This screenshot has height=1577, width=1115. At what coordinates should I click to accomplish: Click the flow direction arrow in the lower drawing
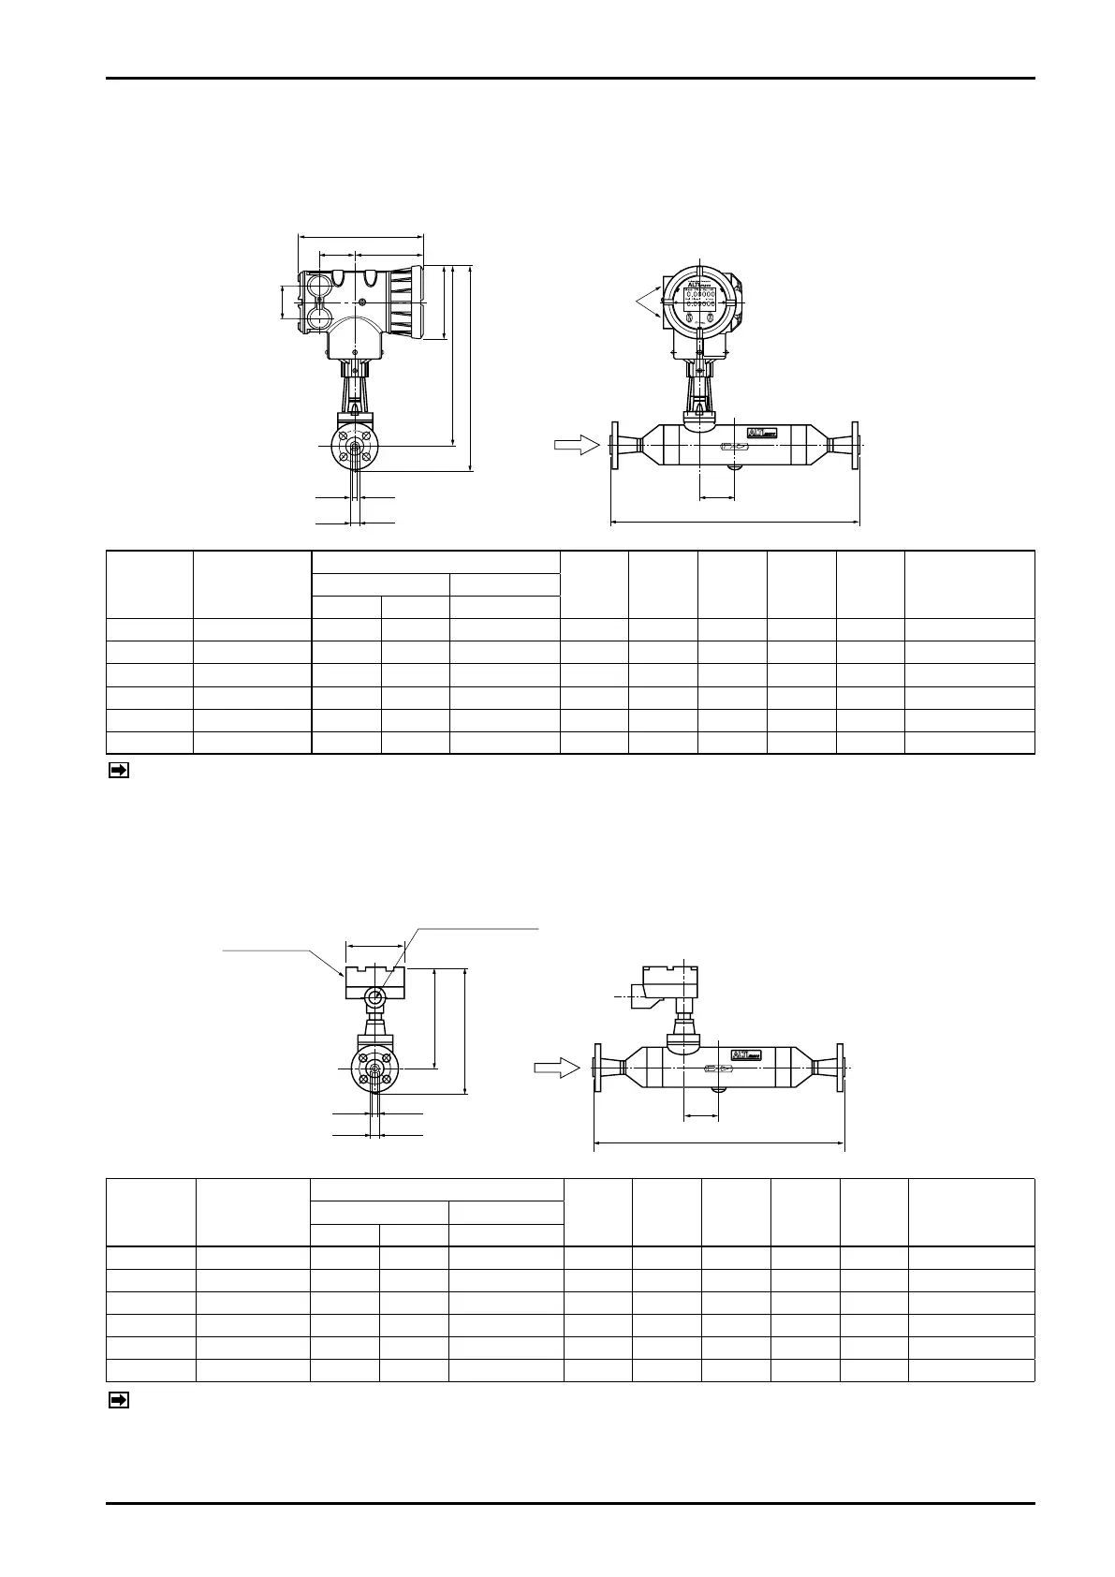pyautogui.click(x=556, y=1068)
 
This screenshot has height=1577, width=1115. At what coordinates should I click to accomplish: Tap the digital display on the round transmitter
pyautogui.click(x=700, y=299)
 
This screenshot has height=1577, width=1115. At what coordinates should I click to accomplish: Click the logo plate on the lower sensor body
pyautogui.click(x=746, y=1054)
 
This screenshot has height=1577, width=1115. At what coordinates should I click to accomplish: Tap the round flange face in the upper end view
pyautogui.click(x=354, y=448)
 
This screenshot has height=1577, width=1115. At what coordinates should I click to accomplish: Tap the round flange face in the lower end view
pyautogui.click(x=374, y=1069)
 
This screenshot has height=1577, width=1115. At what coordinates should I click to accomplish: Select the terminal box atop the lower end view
pyautogui.click(x=374, y=980)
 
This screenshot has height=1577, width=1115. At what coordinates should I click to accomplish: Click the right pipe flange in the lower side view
pyautogui.click(x=841, y=1068)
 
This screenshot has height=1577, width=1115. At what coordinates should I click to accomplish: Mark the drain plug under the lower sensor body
pyautogui.click(x=718, y=1089)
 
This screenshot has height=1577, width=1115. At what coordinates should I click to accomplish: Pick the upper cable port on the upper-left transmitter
pyautogui.click(x=317, y=282)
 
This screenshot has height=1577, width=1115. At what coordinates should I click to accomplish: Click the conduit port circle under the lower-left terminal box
pyautogui.click(x=374, y=999)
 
